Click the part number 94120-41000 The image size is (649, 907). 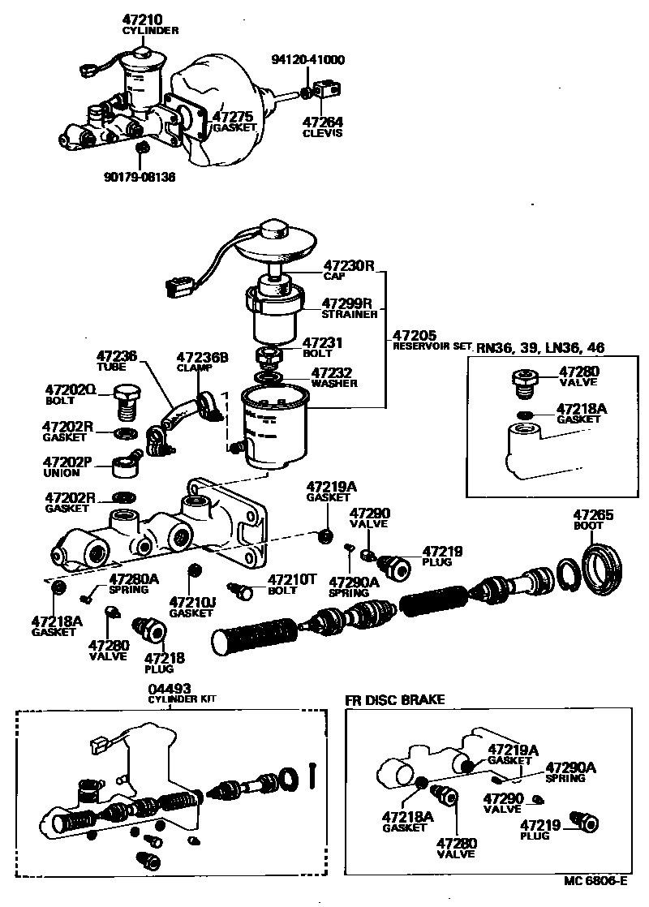tap(309, 60)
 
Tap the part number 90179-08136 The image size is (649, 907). tap(139, 176)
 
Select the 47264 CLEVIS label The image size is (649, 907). tap(323, 127)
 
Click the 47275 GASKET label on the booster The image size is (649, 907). tap(234, 122)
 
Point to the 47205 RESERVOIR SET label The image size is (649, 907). tap(431, 339)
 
